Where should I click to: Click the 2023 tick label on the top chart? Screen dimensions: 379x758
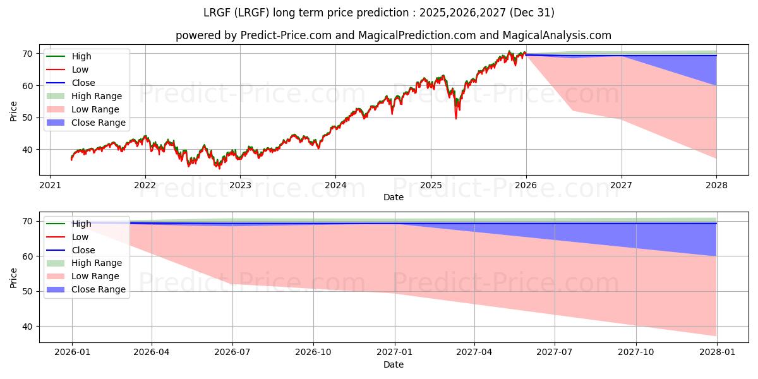(x=240, y=186)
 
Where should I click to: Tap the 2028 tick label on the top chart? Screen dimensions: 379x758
(x=717, y=186)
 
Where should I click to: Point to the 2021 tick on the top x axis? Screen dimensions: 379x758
(x=50, y=186)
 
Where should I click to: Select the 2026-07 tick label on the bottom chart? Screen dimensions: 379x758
(x=232, y=352)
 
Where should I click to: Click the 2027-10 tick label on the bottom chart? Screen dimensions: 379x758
(x=636, y=352)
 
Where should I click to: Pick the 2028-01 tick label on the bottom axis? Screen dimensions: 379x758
(x=717, y=352)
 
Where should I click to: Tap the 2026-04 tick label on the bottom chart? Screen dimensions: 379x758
(x=152, y=352)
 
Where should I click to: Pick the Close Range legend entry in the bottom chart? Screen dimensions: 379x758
(x=98, y=289)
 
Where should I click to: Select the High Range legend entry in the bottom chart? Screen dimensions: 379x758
(x=97, y=263)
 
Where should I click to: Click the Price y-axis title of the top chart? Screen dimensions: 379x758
(x=14, y=110)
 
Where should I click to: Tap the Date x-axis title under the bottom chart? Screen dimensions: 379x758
(x=393, y=365)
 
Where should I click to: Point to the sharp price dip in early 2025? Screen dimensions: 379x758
(x=456, y=117)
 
